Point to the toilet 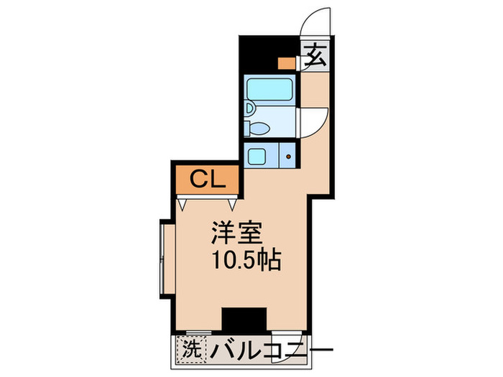pyautogui.click(x=257, y=129)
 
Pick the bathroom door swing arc pyautogui.click(x=313, y=118)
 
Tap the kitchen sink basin pyautogui.click(x=256, y=154)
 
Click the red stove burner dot pyautogui.click(x=289, y=155)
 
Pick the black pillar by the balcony pyautogui.click(x=244, y=317)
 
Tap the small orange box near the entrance pyautogui.click(x=286, y=62)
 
